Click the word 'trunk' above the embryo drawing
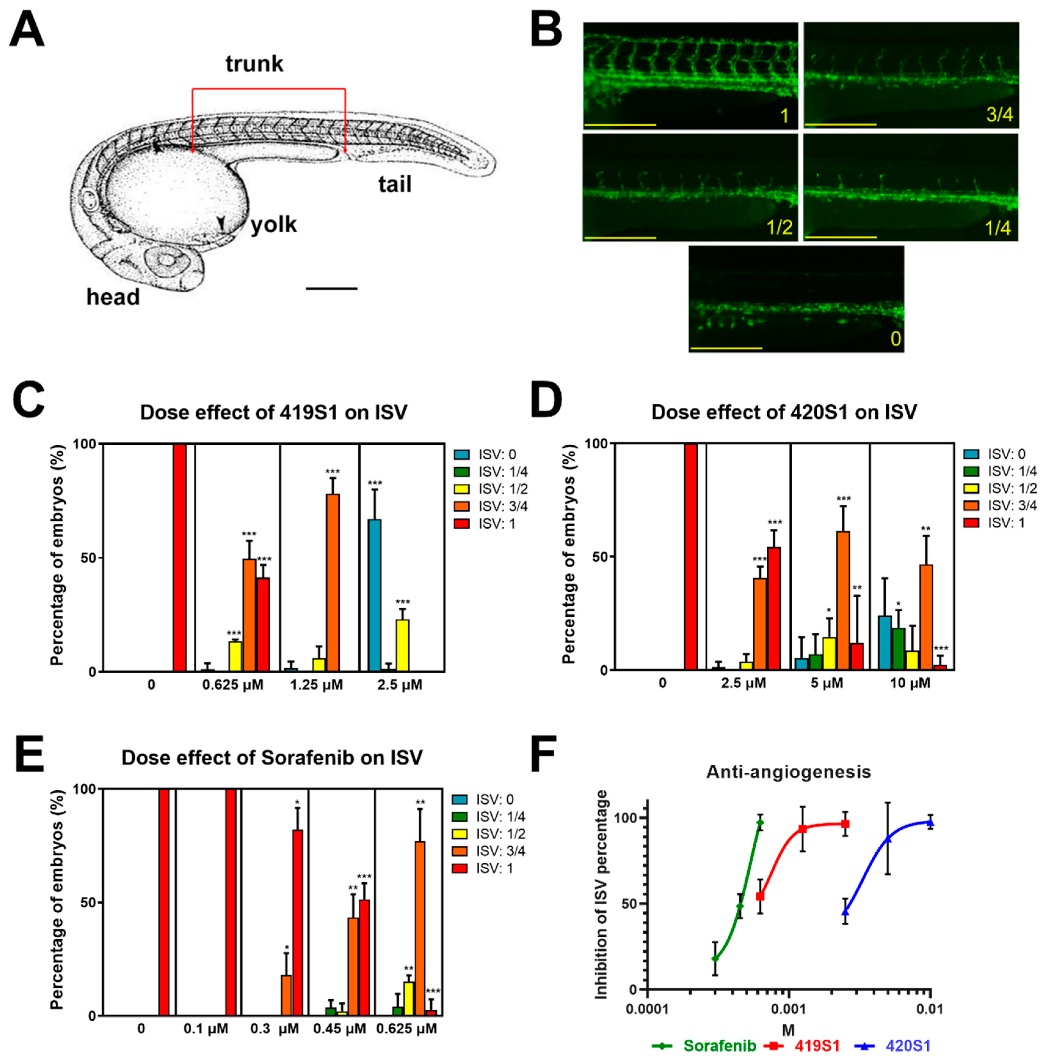[x=254, y=64]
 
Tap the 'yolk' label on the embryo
[x=273, y=225]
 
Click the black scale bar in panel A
[x=332, y=288]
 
